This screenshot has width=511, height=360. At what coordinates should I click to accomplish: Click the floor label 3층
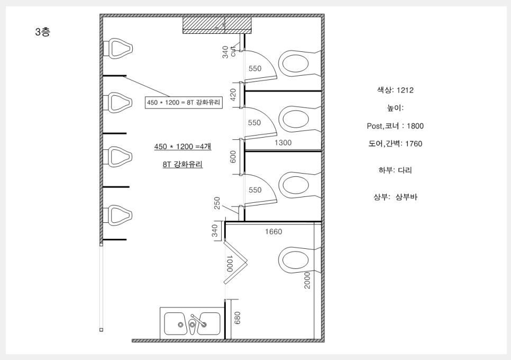click(43, 32)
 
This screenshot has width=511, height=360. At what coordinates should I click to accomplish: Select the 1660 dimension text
click(273, 232)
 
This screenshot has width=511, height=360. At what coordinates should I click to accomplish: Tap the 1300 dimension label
click(283, 143)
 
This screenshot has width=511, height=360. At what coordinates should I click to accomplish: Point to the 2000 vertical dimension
click(307, 281)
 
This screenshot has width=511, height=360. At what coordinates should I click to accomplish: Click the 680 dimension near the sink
click(237, 318)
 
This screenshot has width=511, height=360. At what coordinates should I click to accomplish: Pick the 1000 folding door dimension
click(230, 264)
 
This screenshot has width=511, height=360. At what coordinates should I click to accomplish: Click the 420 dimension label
click(233, 95)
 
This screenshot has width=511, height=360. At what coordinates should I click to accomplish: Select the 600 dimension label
click(233, 157)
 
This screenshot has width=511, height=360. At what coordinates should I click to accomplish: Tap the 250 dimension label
click(217, 203)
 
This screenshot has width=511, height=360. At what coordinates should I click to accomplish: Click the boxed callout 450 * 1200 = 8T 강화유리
click(184, 102)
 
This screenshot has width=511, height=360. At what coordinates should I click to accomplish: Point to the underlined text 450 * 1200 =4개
click(182, 147)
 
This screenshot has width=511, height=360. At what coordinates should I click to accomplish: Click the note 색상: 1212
click(395, 90)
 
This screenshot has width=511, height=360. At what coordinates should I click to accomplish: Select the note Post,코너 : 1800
click(395, 126)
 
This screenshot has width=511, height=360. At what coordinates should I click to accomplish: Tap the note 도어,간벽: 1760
click(395, 143)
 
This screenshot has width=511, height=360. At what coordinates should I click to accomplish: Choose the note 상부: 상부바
click(395, 197)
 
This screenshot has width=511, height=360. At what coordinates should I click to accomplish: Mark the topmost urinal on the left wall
click(117, 49)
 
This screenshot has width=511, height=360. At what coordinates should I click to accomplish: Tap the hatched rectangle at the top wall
click(217, 25)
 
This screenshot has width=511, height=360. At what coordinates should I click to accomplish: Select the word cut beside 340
click(233, 51)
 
